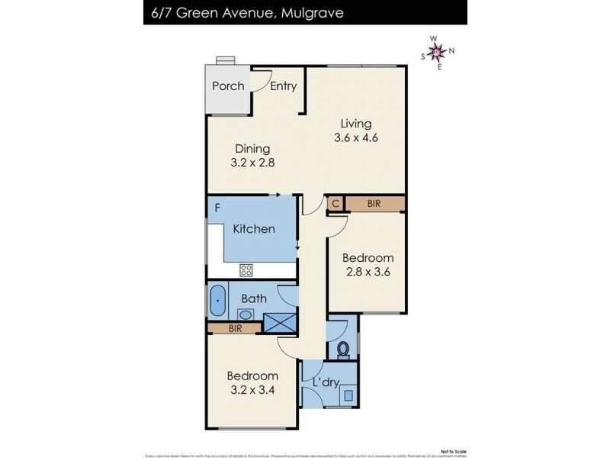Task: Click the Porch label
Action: [x=228, y=86]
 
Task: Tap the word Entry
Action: [x=283, y=86]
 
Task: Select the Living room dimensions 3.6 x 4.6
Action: [x=356, y=138]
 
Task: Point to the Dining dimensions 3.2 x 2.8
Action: [x=252, y=163]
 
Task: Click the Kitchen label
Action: [x=253, y=229]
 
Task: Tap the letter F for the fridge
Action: [x=218, y=207]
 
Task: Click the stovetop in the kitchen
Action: [x=246, y=269]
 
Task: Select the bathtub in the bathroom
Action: [x=217, y=300]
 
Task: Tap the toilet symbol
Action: [x=343, y=350]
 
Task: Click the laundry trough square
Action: [x=348, y=395]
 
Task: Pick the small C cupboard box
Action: [x=335, y=204]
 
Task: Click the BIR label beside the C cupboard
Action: [x=374, y=204]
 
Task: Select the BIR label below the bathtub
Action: [x=235, y=328]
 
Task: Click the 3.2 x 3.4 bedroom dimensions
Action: [x=252, y=390]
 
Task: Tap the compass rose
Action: [x=438, y=53]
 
